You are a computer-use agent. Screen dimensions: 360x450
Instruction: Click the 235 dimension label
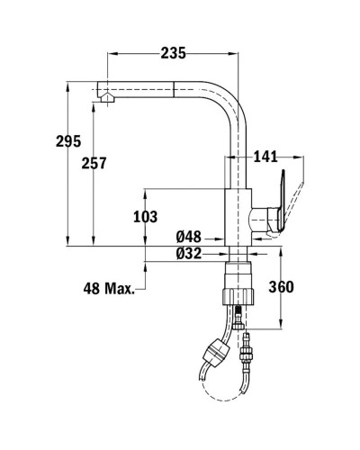pos(174,53)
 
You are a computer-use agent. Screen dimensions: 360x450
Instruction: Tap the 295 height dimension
pos(68,141)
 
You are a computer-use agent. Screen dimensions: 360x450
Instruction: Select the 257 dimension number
pos(94,163)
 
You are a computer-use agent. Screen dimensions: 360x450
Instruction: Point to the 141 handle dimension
pos(265,157)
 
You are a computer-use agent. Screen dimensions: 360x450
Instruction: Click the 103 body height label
pos(145,217)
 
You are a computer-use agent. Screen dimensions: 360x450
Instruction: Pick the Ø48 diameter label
pos(188,237)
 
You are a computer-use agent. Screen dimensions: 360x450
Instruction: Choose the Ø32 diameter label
pos(188,254)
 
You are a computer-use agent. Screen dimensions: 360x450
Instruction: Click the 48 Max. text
pos(109,289)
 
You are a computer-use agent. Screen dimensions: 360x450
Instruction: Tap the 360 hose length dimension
pos(281,287)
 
